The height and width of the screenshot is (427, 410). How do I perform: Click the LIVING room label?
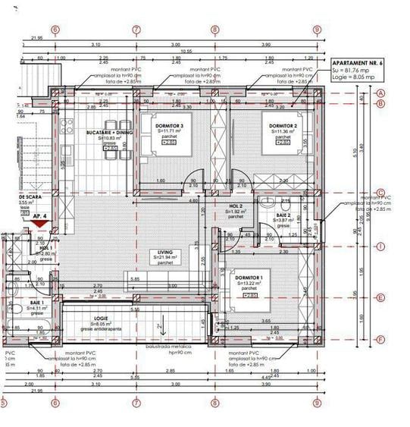[x=165, y=252]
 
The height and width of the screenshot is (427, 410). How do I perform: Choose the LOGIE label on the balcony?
[x=102, y=319]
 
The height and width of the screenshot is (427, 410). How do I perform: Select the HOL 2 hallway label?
[x=236, y=206]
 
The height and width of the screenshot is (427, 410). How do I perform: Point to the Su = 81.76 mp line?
[x=352, y=69]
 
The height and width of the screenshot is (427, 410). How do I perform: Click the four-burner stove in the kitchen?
[x=66, y=122]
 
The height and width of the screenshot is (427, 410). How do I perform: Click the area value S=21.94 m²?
[x=165, y=258]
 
